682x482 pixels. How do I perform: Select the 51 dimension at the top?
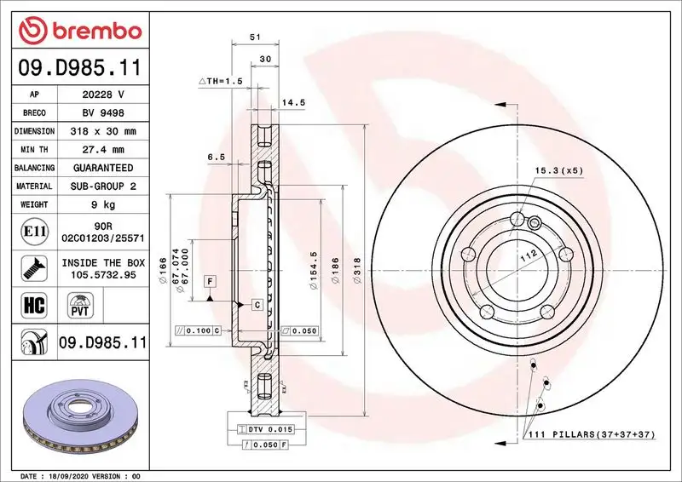[255, 37]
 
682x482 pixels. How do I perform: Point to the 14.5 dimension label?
[293, 102]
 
